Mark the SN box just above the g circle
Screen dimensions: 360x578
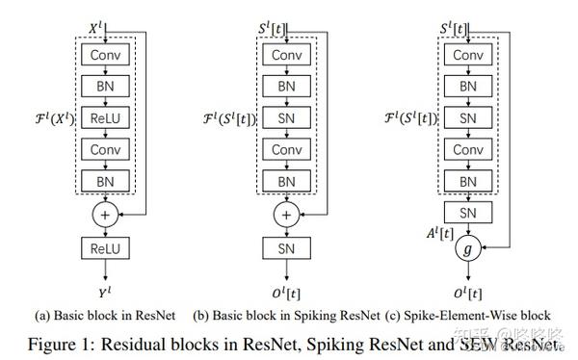pyautogui.click(x=469, y=211)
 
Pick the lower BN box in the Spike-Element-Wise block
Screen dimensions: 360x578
pyautogui.click(x=469, y=181)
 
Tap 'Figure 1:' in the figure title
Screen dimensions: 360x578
pyautogui.click(x=64, y=344)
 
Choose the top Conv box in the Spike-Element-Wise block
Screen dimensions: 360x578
pyautogui.click(x=469, y=55)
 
